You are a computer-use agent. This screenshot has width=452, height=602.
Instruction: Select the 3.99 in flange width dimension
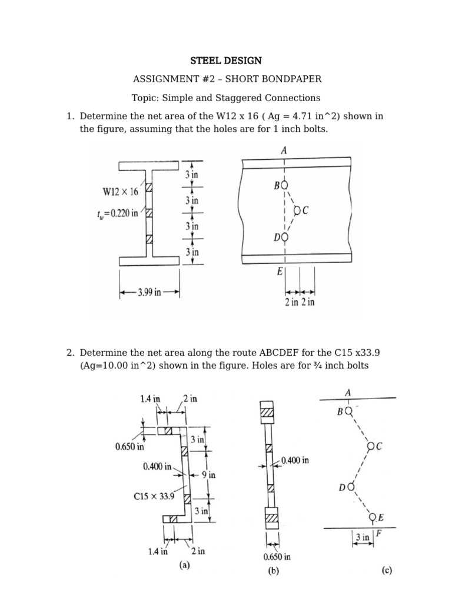tap(149, 292)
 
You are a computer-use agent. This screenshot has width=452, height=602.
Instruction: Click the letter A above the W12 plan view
tap(285, 150)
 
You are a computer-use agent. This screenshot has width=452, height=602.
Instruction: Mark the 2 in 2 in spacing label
tap(299, 302)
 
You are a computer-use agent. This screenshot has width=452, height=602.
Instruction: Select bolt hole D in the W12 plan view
tap(285, 237)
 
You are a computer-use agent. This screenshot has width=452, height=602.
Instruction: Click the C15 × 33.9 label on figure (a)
tap(155, 496)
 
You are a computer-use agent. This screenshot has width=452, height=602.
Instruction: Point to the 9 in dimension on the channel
tap(209, 475)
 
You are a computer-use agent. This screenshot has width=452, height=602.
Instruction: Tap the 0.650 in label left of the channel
tap(130, 446)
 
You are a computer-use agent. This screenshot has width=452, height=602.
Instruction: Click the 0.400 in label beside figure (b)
tap(295, 460)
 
